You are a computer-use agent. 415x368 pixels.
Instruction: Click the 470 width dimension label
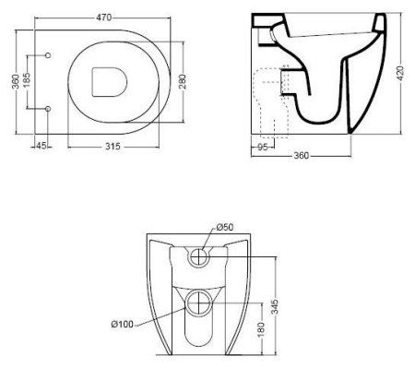click(x=104, y=18)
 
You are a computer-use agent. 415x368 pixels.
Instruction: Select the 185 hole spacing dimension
click(x=27, y=80)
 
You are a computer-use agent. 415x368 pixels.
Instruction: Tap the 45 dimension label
click(x=41, y=146)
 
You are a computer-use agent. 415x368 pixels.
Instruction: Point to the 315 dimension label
click(x=113, y=147)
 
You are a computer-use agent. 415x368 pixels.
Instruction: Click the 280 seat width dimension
click(x=183, y=81)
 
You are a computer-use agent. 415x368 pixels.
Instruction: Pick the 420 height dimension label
click(x=400, y=73)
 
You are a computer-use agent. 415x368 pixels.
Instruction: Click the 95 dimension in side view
click(x=262, y=148)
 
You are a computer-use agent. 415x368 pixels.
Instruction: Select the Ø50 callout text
click(x=225, y=227)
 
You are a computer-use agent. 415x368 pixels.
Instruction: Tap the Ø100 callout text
click(x=123, y=324)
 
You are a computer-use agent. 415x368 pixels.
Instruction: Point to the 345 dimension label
click(x=275, y=307)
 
